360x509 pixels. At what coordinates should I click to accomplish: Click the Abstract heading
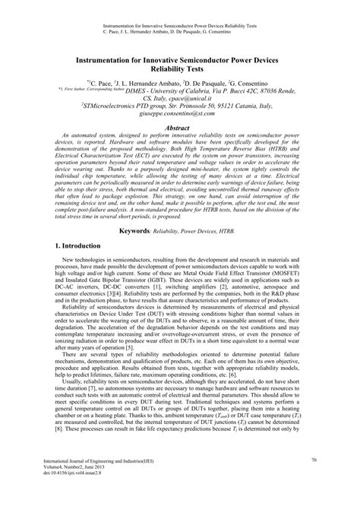(178, 129)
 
